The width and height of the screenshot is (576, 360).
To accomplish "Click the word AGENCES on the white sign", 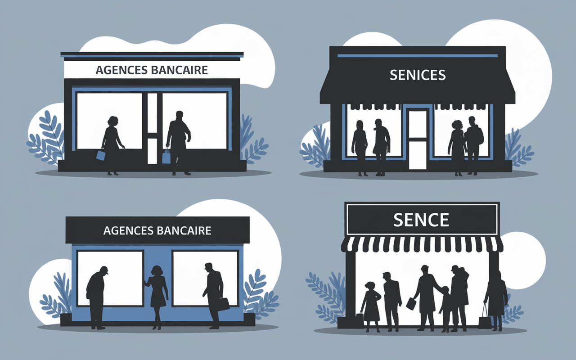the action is pyautogui.click(x=122, y=70).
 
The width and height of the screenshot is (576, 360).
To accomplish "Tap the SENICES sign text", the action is pyautogui.click(x=418, y=75).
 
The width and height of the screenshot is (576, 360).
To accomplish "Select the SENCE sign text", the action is pyautogui.click(x=421, y=220).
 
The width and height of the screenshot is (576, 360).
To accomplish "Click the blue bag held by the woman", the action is pyautogui.click(x=101, y=155).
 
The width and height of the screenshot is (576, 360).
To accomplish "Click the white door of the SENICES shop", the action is pyautogui.click(x=418, y=139).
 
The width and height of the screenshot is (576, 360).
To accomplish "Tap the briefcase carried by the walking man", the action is pyautogui.click(x=223, y=304).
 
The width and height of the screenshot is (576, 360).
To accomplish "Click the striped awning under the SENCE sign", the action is pyautogui.click(x=422, y=244).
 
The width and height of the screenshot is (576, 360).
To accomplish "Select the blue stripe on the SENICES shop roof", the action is pyautogui.click(x=418, y=56).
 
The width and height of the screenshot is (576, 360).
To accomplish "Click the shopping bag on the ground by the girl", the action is pyautogui.click(x=360, y=320).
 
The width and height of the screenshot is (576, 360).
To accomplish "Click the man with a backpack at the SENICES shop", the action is pyautogui.click(x=474, y=145).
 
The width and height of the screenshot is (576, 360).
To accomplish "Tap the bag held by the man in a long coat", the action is pyautogui.click(x=410, y=303).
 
